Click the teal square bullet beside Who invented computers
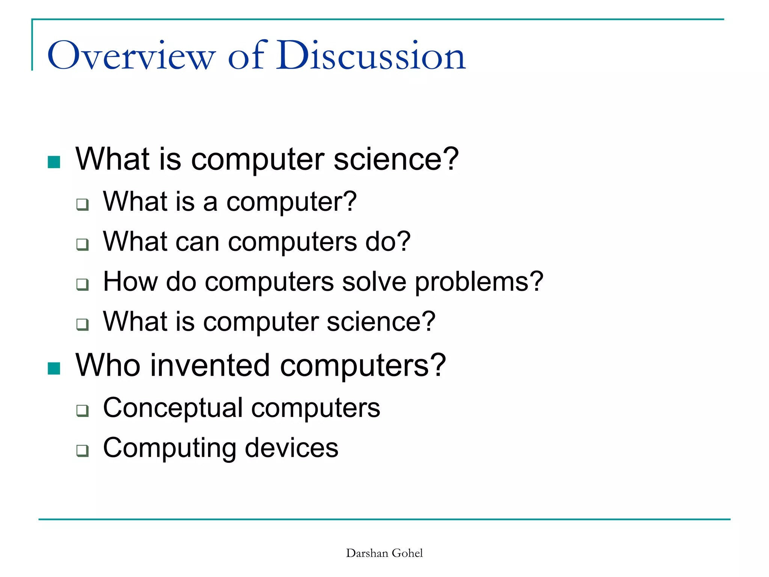(x=54, y=369)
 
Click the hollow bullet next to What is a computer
(x=82, y=205)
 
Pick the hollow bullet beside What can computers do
(x=82, y=245)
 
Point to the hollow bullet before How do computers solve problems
(x=82, y=284)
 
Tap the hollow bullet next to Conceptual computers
(x=82, y=411)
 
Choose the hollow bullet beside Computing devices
(x=82, y=450)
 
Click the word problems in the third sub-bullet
(x=479, y=282)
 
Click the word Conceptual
(x=173, y=408)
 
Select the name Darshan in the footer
(x=367, y=553)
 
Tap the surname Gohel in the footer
(x=407, y=553)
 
